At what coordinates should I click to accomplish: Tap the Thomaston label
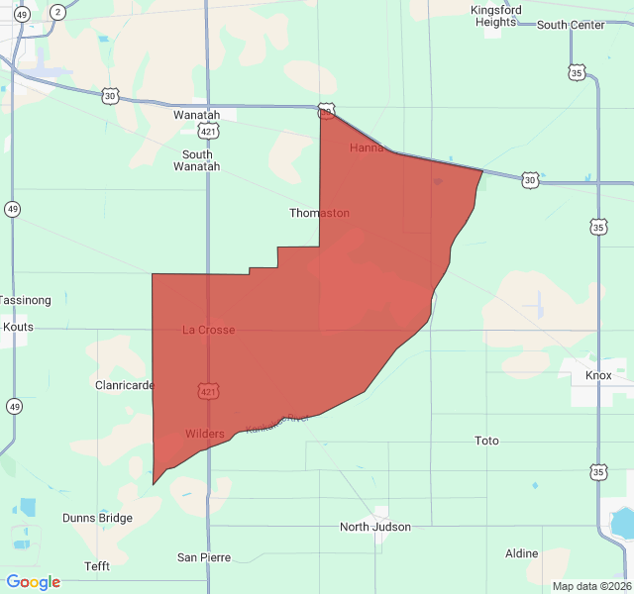point(319,213)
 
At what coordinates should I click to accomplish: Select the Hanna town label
point(367,148)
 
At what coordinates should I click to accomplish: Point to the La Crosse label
point(209,330)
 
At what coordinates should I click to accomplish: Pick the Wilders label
point(205,435)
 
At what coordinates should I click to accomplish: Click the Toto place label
point(486,441)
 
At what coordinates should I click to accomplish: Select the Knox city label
point(598,375)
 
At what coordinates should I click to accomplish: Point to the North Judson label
point(375,527)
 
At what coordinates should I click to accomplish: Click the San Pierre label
point(204,557)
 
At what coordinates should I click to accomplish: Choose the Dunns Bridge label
point(97,518)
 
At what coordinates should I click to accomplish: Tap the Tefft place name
point(97,566)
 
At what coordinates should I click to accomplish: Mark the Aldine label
point(521,553)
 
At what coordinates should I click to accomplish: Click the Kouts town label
point(18,326)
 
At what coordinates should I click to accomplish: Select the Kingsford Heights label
point(495,16)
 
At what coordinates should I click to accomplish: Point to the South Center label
point(571,25)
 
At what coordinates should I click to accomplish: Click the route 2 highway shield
point(58,12)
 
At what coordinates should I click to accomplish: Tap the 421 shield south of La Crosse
point(207,392)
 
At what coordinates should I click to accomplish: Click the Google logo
point(34,582)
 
